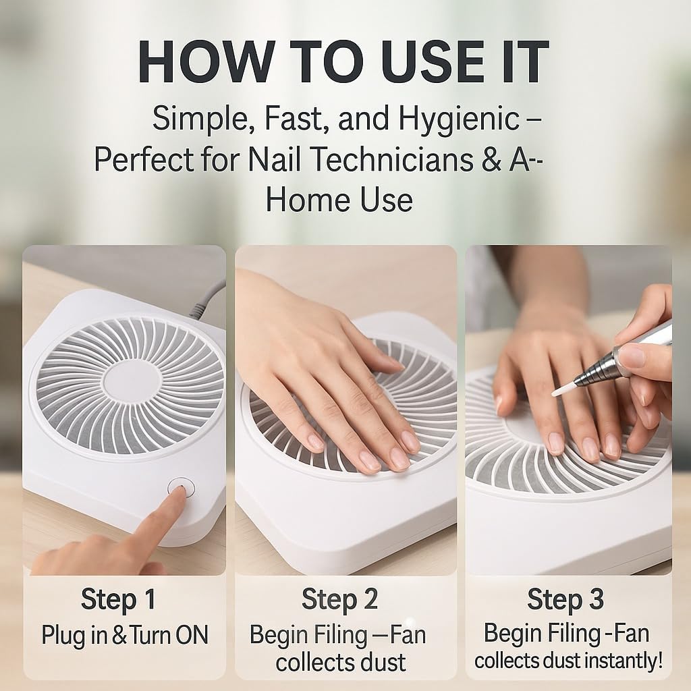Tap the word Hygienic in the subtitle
click(459, 119)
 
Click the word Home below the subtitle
click(307, 199)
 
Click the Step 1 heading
click(118, 599)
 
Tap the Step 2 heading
click(339, 599)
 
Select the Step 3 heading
click(565, 599)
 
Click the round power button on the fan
click(181, 487)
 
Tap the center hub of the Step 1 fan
click(132, 382)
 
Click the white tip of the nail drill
click(563, 388)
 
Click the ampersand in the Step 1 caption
click(119, 636)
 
